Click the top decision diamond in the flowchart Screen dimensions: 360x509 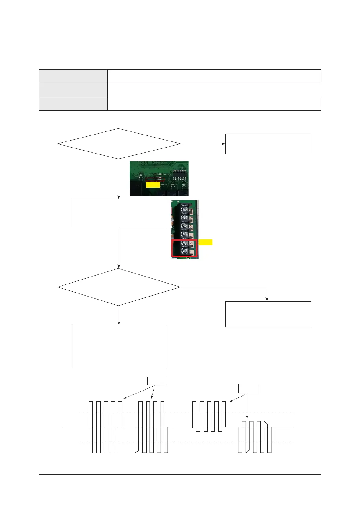(x=119, y=144)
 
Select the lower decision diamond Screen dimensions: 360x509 (x=119, y=287)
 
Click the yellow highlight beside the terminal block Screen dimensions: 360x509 (x=206, y=242)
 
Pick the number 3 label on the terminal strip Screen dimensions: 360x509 (x=191, y=218)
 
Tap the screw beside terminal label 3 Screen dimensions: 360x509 (x=185, y=218)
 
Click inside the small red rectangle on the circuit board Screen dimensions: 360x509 (x=155, y=180)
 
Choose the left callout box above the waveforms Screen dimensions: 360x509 (x=157, y=381)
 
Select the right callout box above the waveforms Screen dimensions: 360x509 (x=248, y=388)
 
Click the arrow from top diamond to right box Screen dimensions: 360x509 (x=203, y=144)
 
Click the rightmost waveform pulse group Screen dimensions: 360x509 (x=255, y=437)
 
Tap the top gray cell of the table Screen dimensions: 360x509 (x=73, y=76)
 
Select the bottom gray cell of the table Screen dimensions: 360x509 (x=73, y=104)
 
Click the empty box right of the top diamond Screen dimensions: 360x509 (x=268, y=144)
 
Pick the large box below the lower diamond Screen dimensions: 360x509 (x=119, y=346)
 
